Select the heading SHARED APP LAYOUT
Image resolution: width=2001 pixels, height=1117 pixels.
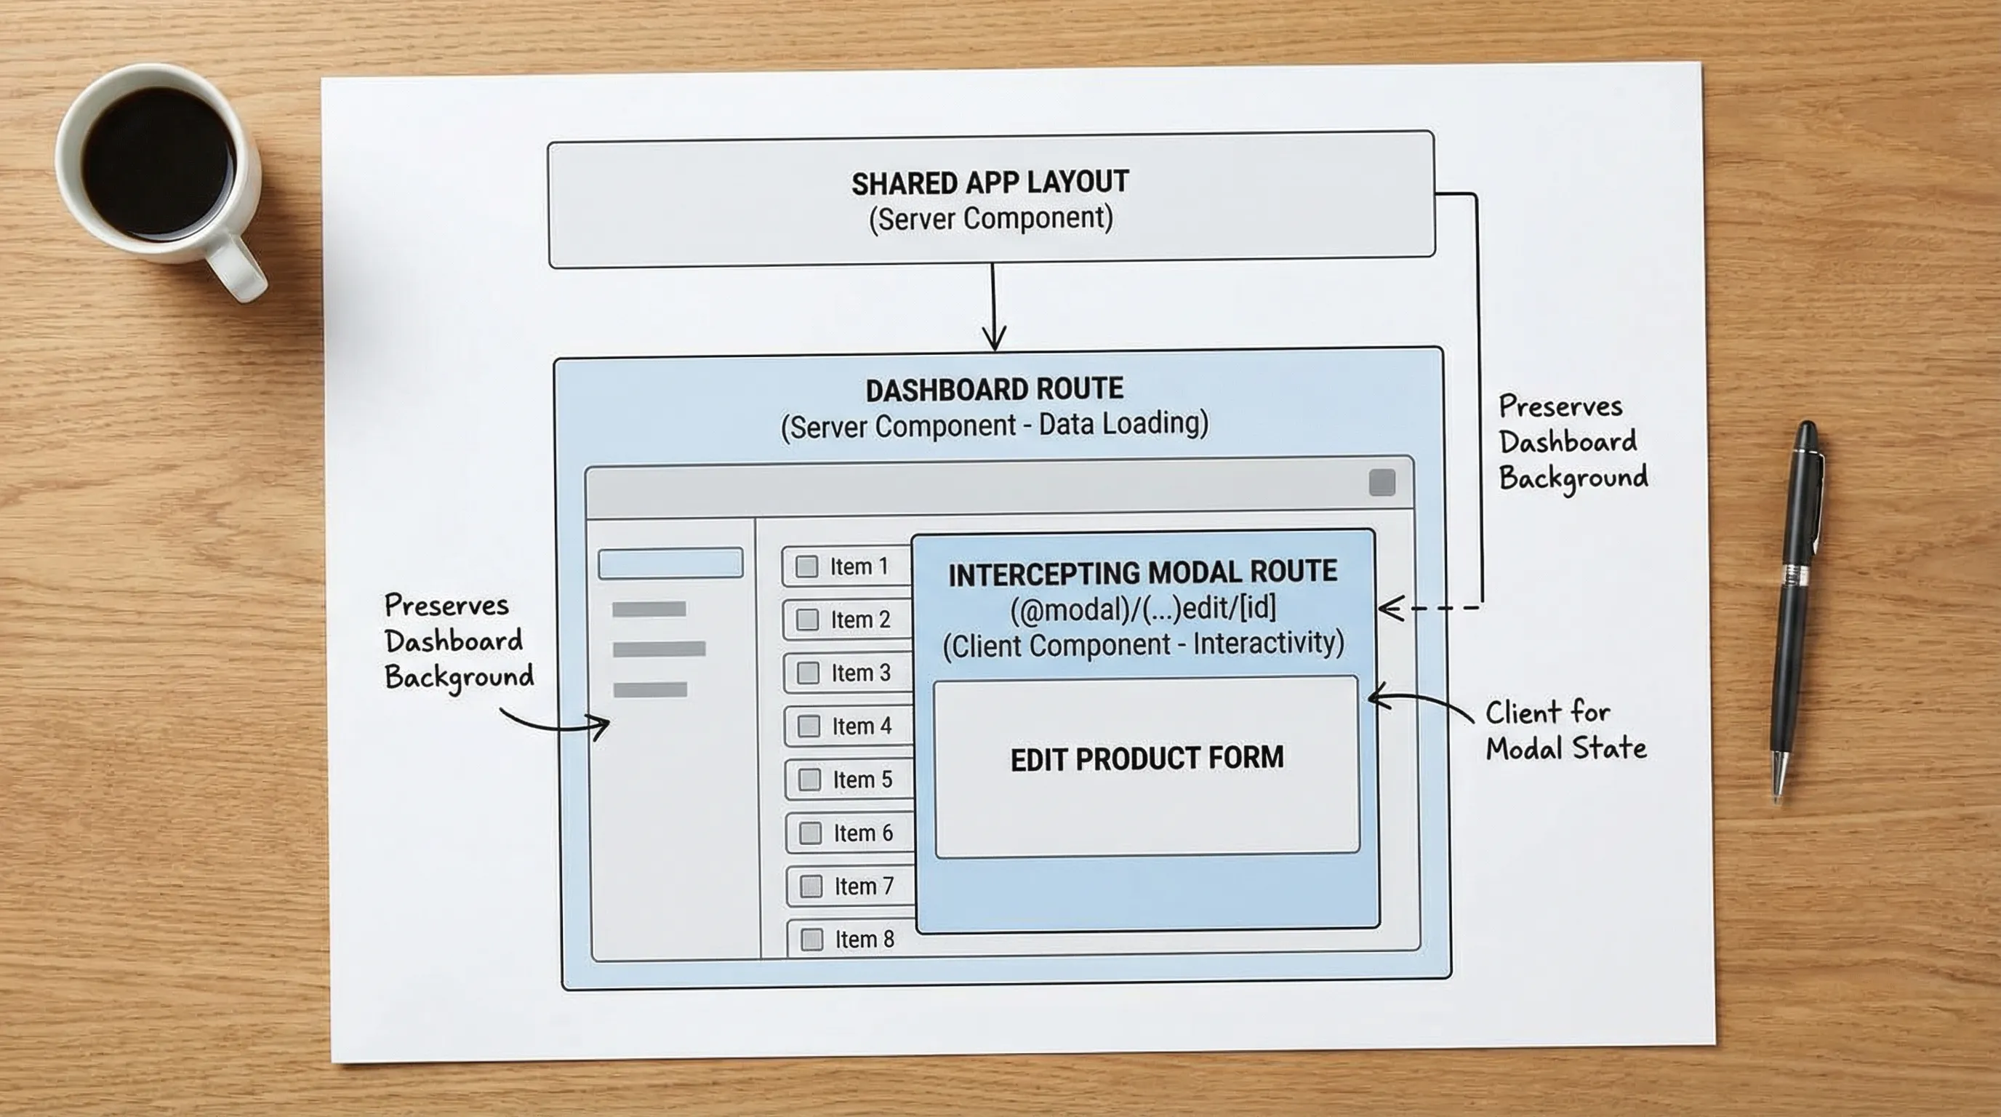pos(990,183)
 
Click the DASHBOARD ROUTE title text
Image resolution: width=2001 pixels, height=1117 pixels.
pos(994,389)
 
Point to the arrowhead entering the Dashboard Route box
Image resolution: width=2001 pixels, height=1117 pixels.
pos(994,340)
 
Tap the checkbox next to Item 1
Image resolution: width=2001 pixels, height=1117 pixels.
pos(807,566)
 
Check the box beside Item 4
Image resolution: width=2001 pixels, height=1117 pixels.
pos(809,726)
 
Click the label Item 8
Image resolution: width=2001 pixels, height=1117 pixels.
pos(864,939)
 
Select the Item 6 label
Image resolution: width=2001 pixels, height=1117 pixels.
pos(863,833)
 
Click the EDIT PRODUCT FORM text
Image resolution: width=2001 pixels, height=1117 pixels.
pos(1147,758)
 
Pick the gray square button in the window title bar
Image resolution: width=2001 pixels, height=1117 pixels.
pos(1381,482)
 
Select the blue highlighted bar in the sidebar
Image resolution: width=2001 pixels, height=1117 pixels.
pos(670,563)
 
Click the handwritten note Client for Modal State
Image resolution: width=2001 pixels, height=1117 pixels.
pos(1565,730)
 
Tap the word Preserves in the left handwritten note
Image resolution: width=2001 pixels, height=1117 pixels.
pos(446,605)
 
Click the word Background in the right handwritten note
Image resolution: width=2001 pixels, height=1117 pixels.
pos(1573,477)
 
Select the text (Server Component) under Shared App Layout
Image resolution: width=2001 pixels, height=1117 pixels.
pos(990,219)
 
